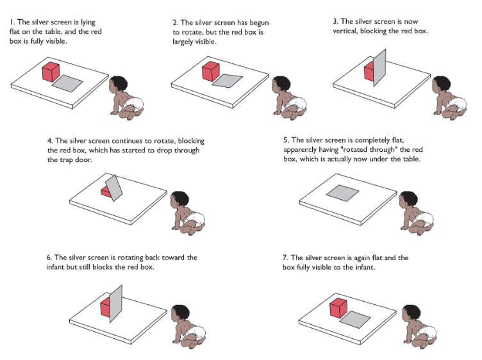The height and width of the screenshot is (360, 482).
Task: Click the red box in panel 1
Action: (51, 72)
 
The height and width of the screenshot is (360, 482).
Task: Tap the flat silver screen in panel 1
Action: (67, 83)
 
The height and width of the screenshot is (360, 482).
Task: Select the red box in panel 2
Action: (211, 71)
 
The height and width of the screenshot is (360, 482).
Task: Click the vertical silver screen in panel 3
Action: (379, 67)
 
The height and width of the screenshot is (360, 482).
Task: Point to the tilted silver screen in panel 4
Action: (113, 188)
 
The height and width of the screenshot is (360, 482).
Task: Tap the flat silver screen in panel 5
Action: (342, 193)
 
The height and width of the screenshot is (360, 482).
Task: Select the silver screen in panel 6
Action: (116, 304)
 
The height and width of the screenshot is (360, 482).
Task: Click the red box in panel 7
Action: (338, 307)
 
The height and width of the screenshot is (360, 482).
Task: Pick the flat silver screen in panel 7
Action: (355, 320)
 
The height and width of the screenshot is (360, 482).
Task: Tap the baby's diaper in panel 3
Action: (456, 104)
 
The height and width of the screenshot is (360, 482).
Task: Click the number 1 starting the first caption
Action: (12, 22)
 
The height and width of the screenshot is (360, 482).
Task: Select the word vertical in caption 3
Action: (345, 31)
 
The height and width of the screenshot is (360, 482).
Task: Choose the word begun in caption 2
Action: (260, 23)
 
